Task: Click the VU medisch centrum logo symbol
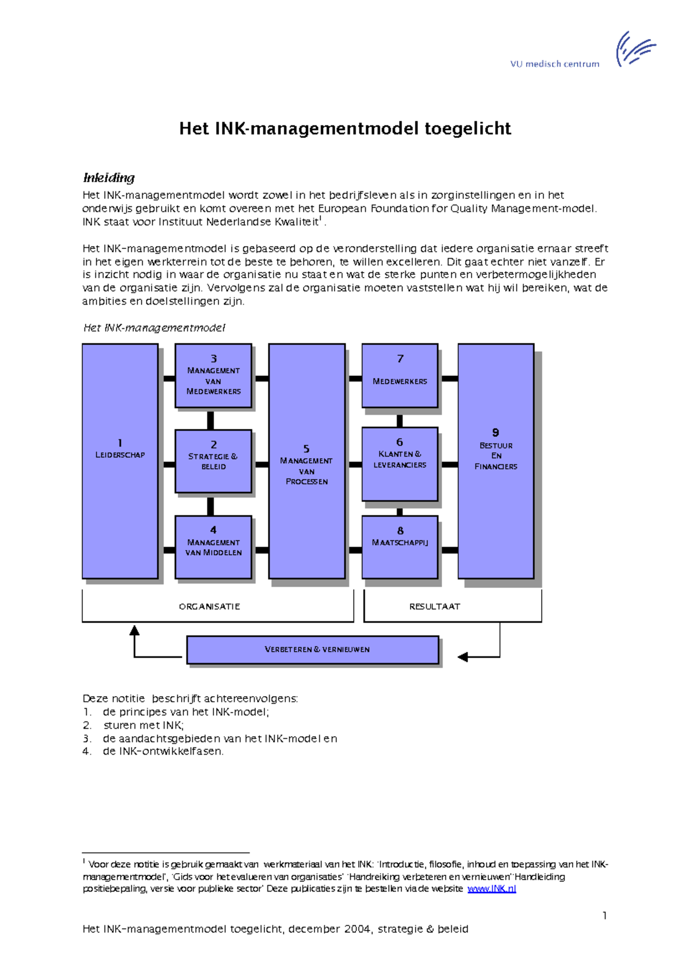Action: click(x=635, y=48)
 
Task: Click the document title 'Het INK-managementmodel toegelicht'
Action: click(x=345, y=128)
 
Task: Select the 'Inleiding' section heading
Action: click(x=109, y=178)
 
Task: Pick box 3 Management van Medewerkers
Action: click(x=213, y=376)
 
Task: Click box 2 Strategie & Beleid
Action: click(x=213, y=461)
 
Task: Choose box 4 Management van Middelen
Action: click(x=213, y=547)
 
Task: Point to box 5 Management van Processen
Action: click(x=306, y=461)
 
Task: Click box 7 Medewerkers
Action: click(x=400, y=376)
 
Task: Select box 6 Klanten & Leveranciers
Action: click(x=400, y=463)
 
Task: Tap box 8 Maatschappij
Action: click(x=400, y=547)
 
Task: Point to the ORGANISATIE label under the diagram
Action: click(x=209, y=606)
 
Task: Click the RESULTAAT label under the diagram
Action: click(x=435, y=606)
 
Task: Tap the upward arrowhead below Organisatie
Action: click(x=135, y=631)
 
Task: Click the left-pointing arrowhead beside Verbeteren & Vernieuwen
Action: click(x=463, y=656)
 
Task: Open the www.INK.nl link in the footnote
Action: click(x=492, y=889)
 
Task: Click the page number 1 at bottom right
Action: click(x=604, y=915)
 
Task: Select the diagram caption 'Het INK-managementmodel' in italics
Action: click(x=154, y=328)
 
